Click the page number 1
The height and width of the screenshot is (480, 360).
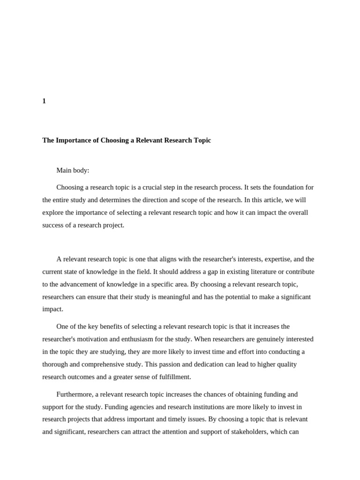coord(44,101)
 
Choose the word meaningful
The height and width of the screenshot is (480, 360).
coord(191,297)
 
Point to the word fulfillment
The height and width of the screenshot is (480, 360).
coord(172,377)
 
